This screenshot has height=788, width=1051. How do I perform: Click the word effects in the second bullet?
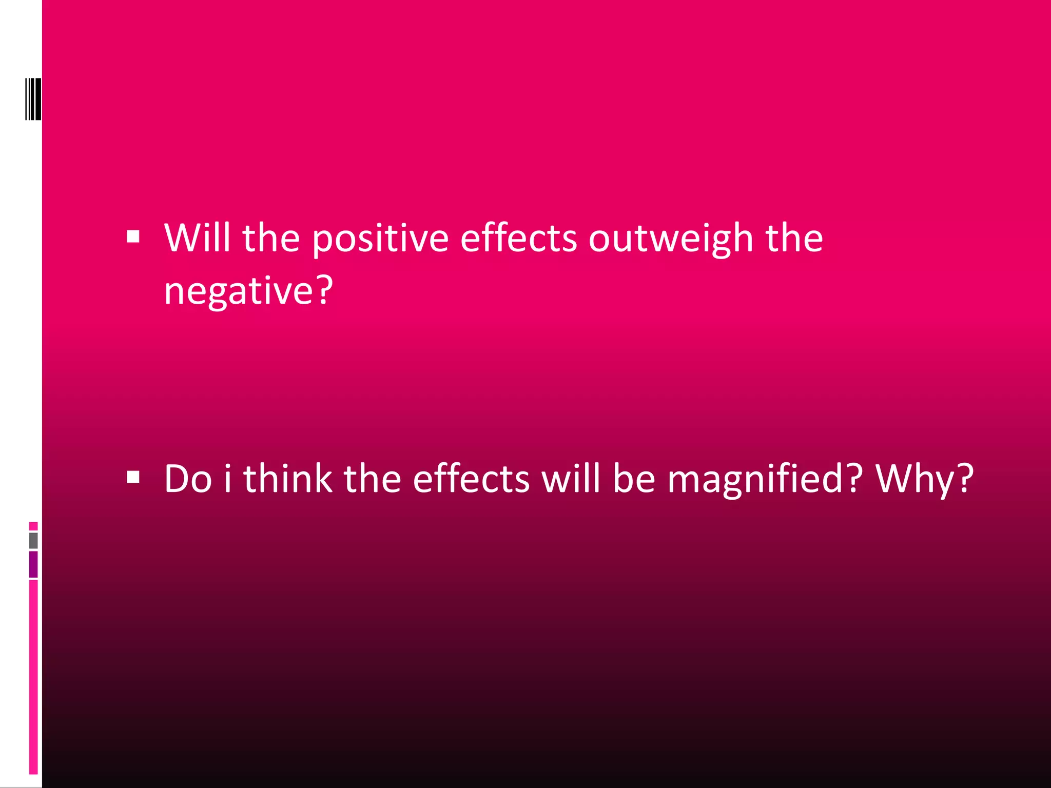[471, 478]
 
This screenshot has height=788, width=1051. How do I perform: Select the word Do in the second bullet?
[188, 478]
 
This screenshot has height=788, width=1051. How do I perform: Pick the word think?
[287, 478]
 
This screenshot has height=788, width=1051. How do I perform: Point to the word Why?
[924, 479]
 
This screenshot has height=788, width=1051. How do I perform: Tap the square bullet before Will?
[133, 237]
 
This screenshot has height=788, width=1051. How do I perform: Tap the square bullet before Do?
[133, 478]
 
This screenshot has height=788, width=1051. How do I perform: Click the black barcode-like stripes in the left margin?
[33, 99]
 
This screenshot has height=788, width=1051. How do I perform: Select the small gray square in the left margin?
[33, 540]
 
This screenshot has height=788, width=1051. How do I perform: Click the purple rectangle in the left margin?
[33, 564]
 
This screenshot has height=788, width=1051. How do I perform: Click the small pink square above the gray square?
[33, 526]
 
